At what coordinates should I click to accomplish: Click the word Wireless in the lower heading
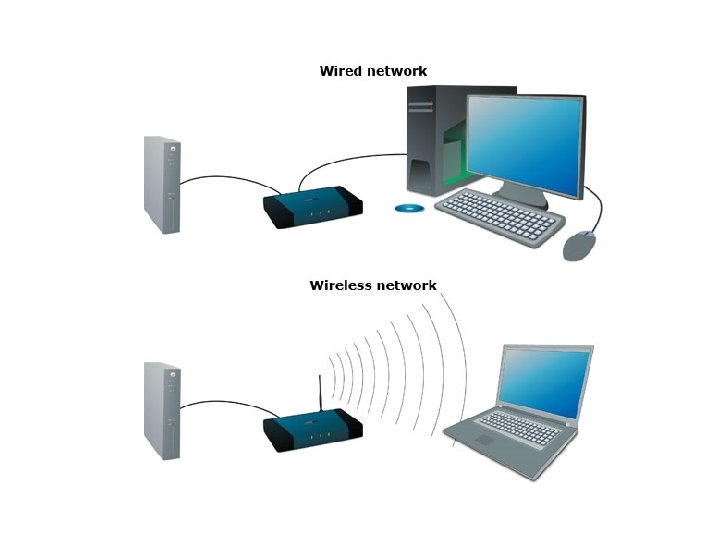[340, 285]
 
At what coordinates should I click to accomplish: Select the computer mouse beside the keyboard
[580, 245]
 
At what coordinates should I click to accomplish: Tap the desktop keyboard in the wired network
[500, 212]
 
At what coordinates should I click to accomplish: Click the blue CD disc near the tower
[409, 208]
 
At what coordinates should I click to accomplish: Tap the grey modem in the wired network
[162, 184]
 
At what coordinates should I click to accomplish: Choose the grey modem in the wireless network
[162, 410]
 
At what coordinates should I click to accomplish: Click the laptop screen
[546, 379]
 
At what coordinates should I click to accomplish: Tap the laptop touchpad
[484, 440]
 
